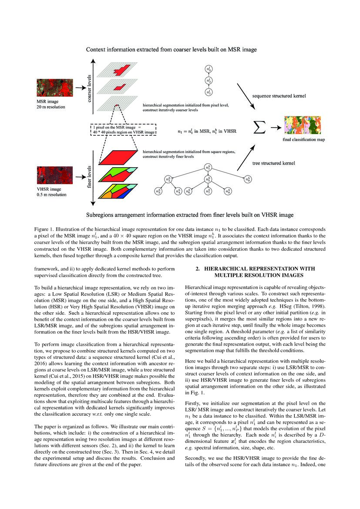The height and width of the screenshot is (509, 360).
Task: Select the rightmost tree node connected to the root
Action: pyautogui.click(x=247, y=179)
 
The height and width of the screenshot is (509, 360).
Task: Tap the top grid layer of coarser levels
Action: pyautogui.click(x=118, y=70)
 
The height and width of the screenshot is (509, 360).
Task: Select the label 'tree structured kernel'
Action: pyautogui.click(x=274, y=163)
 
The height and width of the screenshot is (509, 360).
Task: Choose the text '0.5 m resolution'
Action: pyautogui.click(x=52, y=195)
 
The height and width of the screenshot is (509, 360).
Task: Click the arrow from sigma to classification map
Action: pyautogui.click(x=274, y=128)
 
